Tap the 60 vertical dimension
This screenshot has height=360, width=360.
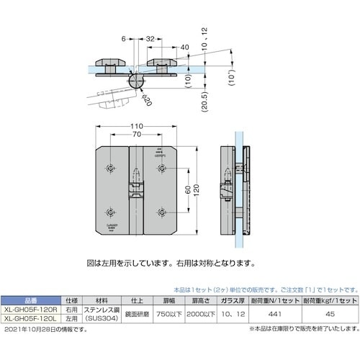tap(187, 191)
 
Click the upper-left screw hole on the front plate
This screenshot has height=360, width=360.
tap(109, 168)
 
